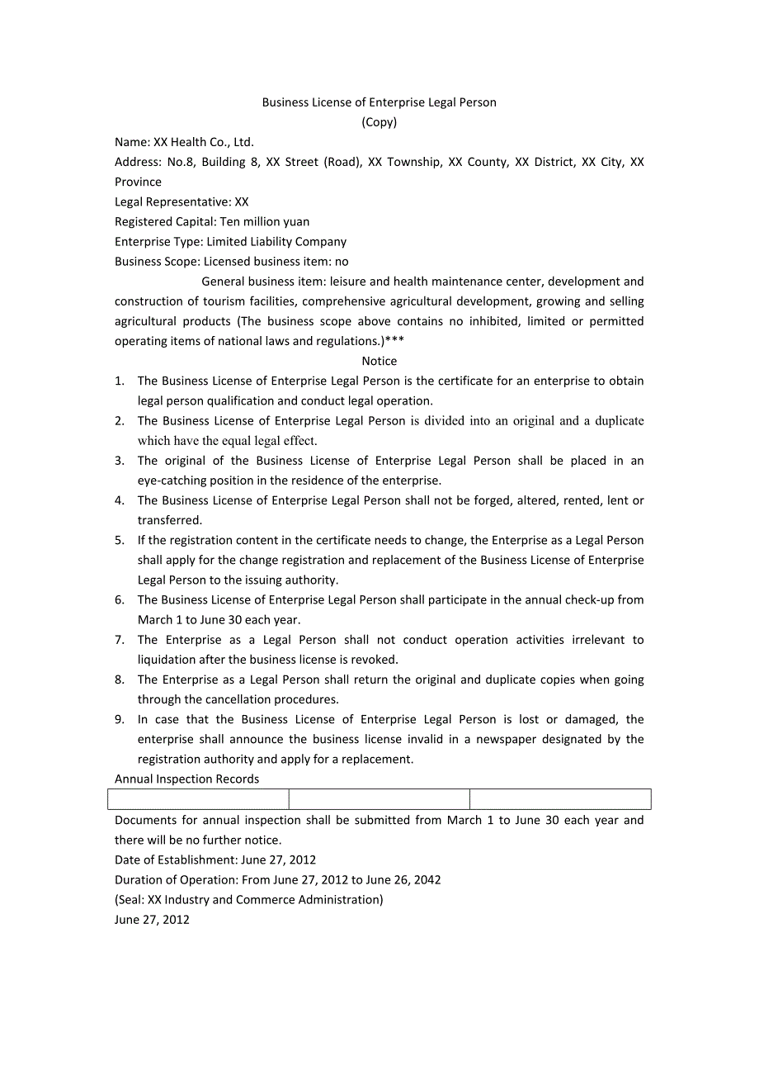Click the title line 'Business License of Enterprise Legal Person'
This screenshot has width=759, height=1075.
coord(379,102)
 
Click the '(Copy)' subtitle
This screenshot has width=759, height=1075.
coord(379,122)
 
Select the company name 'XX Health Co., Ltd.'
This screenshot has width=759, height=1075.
coord(204,142)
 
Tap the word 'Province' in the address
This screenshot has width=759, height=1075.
coord(138,182)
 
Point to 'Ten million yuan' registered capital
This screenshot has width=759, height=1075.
coord(265,221)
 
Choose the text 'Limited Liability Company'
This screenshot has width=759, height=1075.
coord(276,242)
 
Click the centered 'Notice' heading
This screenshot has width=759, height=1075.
coord(379,361)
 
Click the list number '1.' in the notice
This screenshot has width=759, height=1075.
coord(120,381)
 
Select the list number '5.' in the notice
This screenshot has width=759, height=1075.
coord(120,540)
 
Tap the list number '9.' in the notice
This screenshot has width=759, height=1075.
coord(120,719)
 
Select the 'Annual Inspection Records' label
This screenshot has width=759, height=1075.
coord(186,779)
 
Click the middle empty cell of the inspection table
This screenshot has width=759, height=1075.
coord(379,799)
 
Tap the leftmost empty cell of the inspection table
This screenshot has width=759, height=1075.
coord(198,799)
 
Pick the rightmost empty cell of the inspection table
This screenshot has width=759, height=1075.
coord(560,799)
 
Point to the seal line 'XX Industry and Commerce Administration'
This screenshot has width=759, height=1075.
coord(265,899)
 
